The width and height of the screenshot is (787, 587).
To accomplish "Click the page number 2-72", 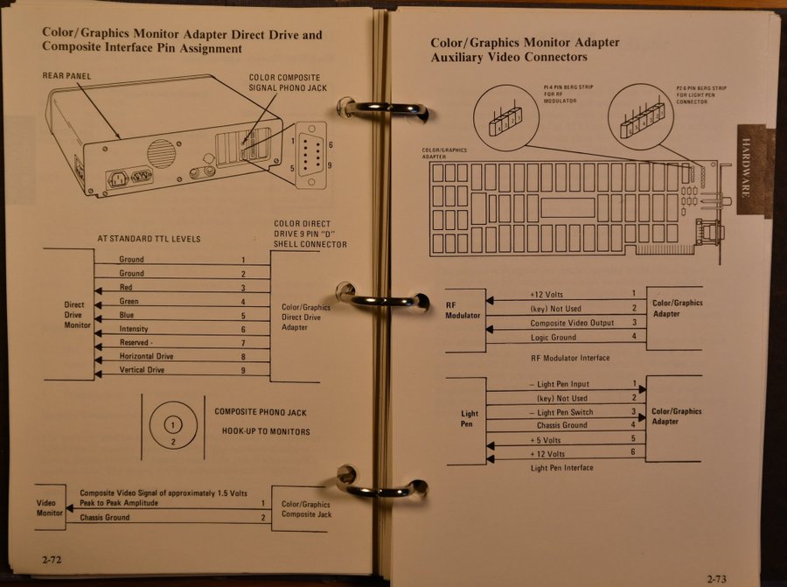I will click(x=49, y=557).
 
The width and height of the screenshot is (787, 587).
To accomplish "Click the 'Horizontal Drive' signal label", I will click(x=147, y=357).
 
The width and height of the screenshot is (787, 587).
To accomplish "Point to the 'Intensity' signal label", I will click(x=134, y=329).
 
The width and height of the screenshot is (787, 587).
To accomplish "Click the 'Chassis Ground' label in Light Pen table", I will click(x=562, y=425).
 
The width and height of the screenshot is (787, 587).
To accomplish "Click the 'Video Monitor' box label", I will click(x=50, y=508).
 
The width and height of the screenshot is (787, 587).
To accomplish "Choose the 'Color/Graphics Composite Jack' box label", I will click(x=306, y=509).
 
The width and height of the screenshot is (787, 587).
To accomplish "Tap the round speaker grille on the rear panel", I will click(x=161, y=154).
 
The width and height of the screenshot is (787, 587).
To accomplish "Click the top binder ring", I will click(x=383, y=109).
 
